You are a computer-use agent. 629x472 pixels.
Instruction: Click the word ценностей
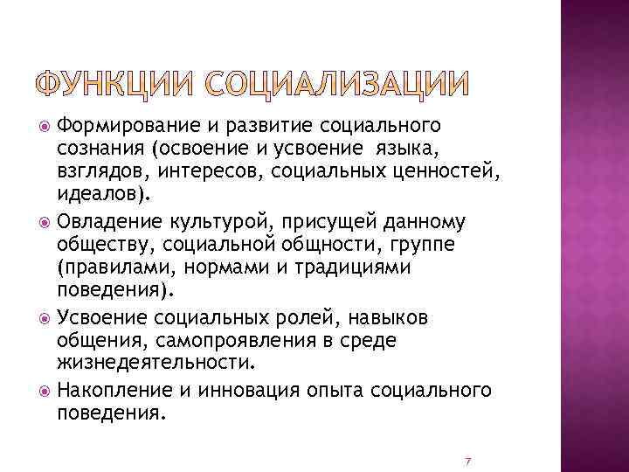[x=452, y=173]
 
